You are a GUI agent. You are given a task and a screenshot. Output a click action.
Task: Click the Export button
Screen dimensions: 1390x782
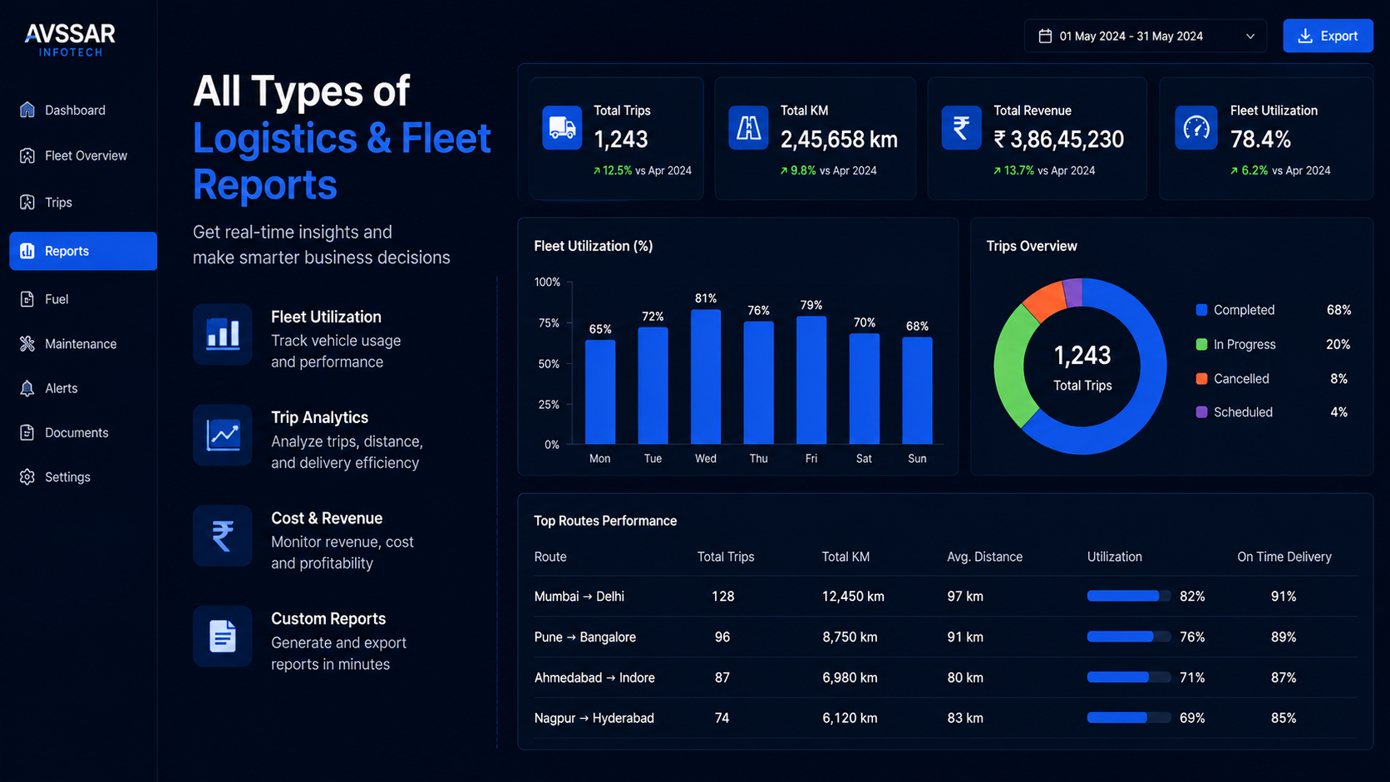point(1328,36)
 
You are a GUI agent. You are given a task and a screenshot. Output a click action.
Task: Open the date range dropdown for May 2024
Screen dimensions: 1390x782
point(1145,36)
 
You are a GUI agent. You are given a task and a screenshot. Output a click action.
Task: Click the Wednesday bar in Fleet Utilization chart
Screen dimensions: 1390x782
point(706,377)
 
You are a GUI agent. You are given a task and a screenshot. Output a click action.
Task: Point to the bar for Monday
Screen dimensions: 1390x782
point(600,392)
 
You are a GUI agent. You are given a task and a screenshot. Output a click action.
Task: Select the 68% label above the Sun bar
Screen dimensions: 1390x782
point(917,327)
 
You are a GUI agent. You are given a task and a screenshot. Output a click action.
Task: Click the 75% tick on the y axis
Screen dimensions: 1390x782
point(548,323)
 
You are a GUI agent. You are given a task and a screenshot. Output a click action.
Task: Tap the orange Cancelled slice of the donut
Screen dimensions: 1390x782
point(1043,300)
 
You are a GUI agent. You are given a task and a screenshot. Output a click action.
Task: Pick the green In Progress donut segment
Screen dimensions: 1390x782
point(1013,366)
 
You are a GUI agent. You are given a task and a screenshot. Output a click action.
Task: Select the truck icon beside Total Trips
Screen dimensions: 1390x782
point(562,128)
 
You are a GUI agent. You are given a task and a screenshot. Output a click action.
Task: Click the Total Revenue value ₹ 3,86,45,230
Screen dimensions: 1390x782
point(1058,140)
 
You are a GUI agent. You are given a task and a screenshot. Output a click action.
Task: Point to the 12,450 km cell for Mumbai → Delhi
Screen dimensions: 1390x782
point(853,597)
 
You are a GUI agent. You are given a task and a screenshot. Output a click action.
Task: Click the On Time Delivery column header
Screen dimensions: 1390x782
point(1284,557)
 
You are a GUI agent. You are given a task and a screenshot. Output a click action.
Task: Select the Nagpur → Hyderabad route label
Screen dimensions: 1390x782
point(594,718)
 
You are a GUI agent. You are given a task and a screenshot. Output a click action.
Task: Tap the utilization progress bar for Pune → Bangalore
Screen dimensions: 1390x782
point(1128,637)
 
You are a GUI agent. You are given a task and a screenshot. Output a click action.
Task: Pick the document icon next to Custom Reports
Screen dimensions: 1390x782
point(222,637)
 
